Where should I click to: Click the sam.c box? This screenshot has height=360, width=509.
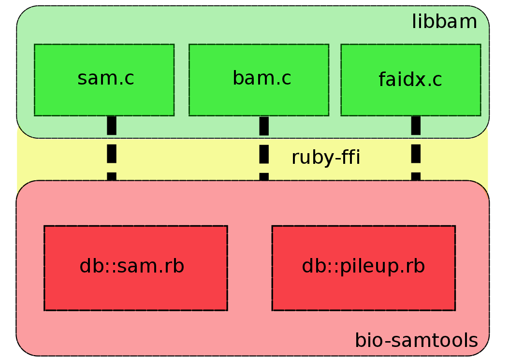[x=104, y=80]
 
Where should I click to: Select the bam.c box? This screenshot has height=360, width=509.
[x=259, y=80]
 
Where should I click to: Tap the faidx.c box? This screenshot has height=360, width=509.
[x=411, y=80]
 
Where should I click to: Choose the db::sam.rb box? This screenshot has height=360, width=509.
[x=136, y=268]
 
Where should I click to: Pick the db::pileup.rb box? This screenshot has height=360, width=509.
[x=364, y=268]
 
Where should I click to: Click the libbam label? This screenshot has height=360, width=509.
[x=444, y=22]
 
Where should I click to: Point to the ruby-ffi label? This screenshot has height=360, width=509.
[x=326, y=158]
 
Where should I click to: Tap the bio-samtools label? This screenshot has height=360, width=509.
[x=417, y=340]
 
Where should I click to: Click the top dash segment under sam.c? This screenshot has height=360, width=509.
[x=111, y=125]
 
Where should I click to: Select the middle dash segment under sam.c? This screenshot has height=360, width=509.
[x=111, y=154]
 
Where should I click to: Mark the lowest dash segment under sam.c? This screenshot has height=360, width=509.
[x=111, y=176]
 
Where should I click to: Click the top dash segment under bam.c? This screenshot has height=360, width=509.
[x=264, y=126]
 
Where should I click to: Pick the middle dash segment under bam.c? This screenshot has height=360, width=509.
[x=264, y=154]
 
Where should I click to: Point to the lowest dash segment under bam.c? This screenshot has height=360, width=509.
[x=264, y=177]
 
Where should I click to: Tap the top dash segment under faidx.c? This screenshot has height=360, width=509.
[x=416, y=125]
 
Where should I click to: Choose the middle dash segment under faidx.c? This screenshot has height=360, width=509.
[x=416, y=154]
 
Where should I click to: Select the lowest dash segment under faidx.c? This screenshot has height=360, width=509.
[x=416, y=176]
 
